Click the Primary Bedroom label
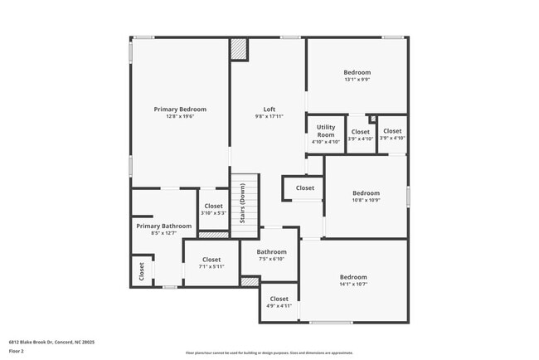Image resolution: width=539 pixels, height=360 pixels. point(180,109)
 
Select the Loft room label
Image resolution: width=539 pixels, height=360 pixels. point(269,109)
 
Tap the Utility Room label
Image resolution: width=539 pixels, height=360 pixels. point(326,130)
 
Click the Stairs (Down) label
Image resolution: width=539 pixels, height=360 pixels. point(242,203)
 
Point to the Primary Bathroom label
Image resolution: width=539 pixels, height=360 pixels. point(163,226)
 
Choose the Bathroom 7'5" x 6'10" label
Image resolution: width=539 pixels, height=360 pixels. point(271,252)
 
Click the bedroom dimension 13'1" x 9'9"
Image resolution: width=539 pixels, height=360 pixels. point(357,80)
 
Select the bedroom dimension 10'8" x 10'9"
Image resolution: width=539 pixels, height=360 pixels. point(366,200)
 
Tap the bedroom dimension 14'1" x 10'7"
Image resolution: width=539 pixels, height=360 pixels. point(352,285)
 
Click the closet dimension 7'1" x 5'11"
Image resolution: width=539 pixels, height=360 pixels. point(211,266)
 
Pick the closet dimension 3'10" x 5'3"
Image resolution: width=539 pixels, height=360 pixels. point(213,213)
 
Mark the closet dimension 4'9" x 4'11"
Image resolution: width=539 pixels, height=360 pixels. point(279,306)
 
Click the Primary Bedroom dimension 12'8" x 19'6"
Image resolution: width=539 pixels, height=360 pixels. point(180,117)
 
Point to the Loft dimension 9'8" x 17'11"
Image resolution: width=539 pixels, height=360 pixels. point(269,117)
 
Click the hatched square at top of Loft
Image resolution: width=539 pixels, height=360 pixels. point(239,49)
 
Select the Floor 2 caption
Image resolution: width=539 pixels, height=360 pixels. point(17,351)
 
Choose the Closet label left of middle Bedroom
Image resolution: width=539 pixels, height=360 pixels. point(304,188)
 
